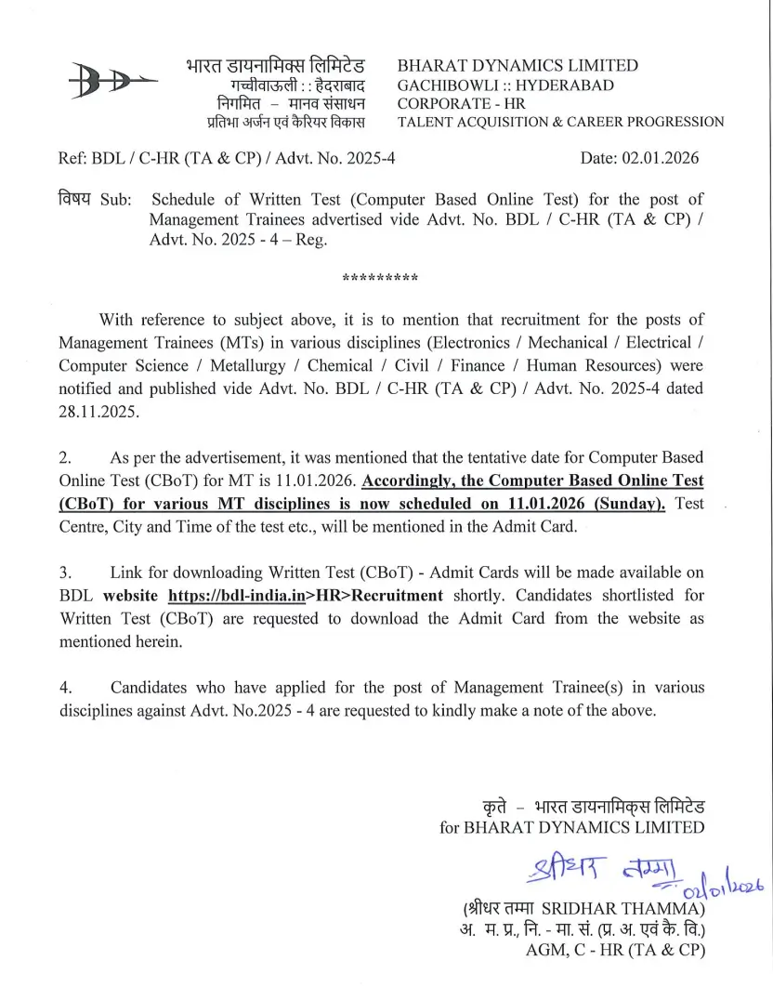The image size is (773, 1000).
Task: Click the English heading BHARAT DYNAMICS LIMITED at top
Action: (x=518, y=66)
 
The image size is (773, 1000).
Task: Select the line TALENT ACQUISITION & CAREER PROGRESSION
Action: (x=560, y=122)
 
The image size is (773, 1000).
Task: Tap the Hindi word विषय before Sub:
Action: (x=75, y=199)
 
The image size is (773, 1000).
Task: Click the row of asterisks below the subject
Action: (x=380, y=278)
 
